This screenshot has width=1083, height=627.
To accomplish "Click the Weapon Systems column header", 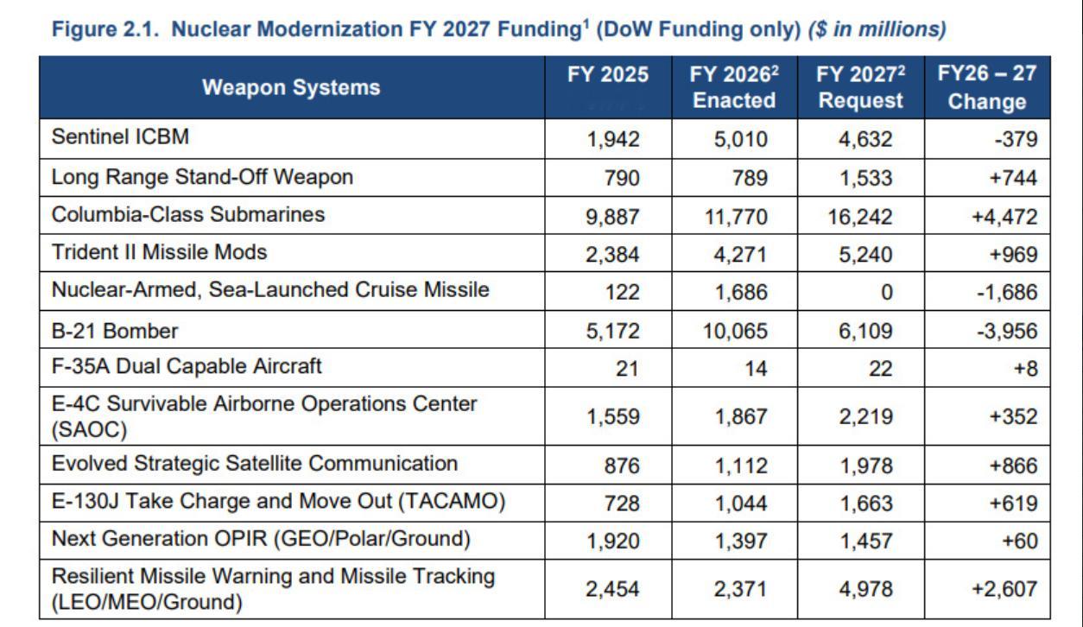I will tap(291, 87).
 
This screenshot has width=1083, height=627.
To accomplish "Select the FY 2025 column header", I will tap(607, 75).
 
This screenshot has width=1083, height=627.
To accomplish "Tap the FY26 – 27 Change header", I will tap(986, 87).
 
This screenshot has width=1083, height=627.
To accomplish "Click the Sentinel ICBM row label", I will tap(119, 137).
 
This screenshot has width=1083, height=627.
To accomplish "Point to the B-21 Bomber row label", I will tap(115, 331).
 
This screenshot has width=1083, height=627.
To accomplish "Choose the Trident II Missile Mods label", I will tap(159, 252).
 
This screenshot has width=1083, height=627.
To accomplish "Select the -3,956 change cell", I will tap(1007, 332).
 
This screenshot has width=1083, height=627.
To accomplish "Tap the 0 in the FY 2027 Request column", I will tap(886, 293).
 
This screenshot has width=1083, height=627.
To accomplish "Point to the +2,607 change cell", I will tap(1004, 589).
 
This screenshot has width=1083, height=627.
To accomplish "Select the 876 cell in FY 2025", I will tap(622, 466).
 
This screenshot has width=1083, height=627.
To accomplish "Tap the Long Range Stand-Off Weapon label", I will tap(202, 177).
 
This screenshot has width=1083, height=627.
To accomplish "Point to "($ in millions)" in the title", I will tap(877, 29).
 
